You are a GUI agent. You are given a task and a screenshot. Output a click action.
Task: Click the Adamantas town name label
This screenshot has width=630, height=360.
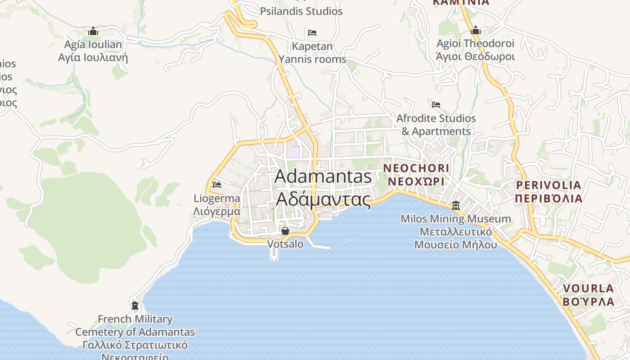323,187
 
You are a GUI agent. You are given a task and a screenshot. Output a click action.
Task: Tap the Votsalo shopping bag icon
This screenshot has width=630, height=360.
285,231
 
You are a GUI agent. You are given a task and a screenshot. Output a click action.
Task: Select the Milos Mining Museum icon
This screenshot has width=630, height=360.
456,205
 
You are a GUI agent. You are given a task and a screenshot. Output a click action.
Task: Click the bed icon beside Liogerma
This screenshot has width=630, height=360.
217,184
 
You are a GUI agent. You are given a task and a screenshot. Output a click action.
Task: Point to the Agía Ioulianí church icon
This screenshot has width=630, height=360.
93,31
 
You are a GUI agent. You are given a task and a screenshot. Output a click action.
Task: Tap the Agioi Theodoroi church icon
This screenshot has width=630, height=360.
476,30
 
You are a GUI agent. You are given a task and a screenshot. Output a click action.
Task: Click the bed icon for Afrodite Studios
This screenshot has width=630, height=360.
436,105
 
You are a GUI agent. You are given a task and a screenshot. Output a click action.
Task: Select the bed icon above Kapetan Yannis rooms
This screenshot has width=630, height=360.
312,32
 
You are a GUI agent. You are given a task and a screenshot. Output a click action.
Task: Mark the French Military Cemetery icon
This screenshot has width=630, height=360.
135,306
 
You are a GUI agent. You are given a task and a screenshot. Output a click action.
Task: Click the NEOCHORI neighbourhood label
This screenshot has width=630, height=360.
416,175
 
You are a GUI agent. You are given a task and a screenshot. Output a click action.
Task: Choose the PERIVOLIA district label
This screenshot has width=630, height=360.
549,192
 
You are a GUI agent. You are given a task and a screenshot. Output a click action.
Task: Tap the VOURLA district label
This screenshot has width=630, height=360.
589,295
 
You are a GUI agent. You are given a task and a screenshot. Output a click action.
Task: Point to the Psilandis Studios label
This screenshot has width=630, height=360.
301,11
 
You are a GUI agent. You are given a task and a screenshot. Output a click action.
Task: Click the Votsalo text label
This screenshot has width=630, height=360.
285,244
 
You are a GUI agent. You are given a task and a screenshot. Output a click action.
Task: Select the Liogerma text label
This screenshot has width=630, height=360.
217,205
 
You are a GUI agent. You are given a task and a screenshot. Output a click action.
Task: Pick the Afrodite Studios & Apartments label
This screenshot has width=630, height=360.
436,125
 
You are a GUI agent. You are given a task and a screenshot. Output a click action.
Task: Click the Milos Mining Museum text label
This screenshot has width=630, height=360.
456,232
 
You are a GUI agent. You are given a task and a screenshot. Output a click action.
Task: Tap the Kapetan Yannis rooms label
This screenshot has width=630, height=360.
312,53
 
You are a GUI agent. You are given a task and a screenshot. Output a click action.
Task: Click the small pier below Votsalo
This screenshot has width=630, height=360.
274,255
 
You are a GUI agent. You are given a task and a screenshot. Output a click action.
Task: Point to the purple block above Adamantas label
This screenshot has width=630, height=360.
293,152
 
